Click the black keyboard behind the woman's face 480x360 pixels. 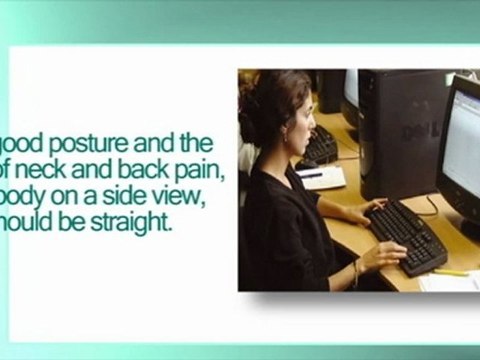tap(319, 148)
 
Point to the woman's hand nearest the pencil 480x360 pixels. tap(385, 257)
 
